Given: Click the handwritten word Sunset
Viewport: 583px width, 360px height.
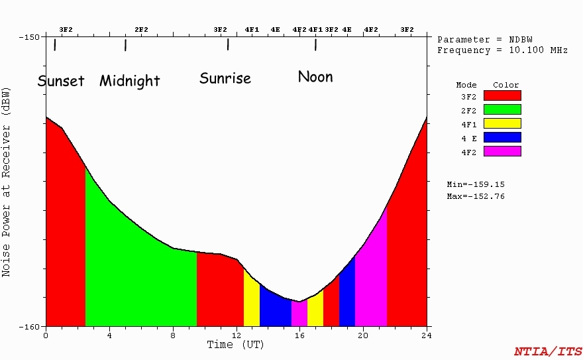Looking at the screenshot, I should (x=61, y=81).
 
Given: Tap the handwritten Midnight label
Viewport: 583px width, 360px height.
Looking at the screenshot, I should (x=130, y=81).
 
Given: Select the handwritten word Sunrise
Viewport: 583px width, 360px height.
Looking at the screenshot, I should (x=225, y=78).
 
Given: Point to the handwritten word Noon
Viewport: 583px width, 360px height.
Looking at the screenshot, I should (x=315, y=77).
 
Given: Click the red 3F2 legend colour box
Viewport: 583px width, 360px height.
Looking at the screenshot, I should (x=502, y=95).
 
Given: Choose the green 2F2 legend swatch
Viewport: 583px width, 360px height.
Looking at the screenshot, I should (x=502, y=109).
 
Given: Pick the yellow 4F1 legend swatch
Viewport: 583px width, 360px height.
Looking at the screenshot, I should (x=502, y=123).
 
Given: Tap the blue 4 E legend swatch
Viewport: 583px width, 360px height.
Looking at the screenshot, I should (x=502, y=137).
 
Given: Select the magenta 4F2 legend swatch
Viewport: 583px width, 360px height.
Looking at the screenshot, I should (x=502, y=151).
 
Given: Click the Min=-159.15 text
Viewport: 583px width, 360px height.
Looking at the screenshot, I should (x=476, y=184).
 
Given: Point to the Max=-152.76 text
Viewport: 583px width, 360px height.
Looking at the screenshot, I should (x=476, y=196).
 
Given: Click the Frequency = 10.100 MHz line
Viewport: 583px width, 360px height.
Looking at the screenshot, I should (x=502, y=50).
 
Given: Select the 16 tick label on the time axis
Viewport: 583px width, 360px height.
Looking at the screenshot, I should (x=299, y=335).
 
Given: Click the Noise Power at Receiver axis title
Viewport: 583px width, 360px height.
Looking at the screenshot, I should (x=7, y=181).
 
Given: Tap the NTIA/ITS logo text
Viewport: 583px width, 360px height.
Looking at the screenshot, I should (x=548, y=351).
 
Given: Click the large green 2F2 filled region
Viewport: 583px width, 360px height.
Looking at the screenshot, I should (x=139, y=278).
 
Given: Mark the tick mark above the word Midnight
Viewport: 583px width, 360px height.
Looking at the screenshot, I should (x=125, y=45).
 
